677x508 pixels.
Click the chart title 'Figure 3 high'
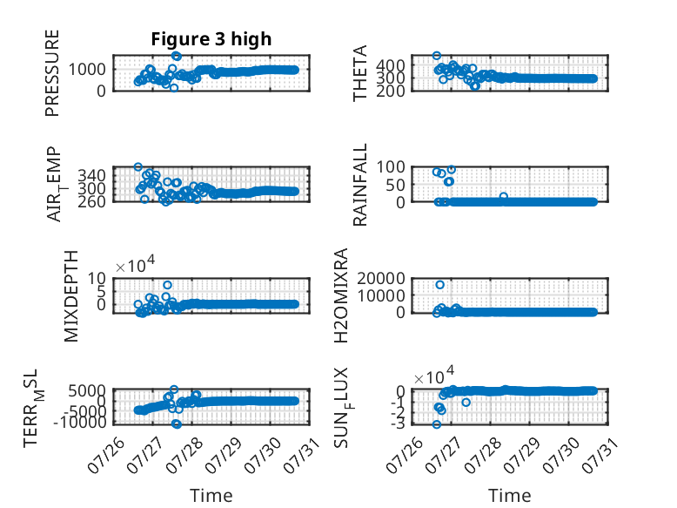pyautogui.click(x=211, y=39)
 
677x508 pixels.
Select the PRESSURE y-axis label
pyautogui.click(x=52, y=73)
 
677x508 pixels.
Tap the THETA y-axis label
pyautogui.click(x=359, y=73)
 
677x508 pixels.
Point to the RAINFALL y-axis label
pyautogui.click(x=359, y=185)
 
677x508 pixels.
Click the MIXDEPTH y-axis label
pyautogui.click(x=71, y=296)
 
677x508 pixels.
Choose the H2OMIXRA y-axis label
pyautogui.click(x=340, y=295)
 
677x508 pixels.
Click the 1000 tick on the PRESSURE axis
pyautogui.click(x=87, y=69)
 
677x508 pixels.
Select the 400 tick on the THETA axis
pyautogui.click(x=390, y=66)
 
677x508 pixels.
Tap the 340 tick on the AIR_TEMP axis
pyautogui.click(x=91, y=175)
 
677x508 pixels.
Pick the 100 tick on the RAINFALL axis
pyautogui.click(x=391, y=167)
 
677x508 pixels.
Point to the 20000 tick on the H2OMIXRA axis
pyautogui.click(x=381, y=278)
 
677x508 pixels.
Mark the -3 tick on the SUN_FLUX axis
pyautogui.click(x=398, y=423)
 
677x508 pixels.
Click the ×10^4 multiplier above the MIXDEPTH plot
pyautogui.click(x=135, y=265)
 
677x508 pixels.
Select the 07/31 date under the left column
pyautogui.click(x=302, y=454)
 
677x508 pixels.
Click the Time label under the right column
pyautogui.click(x=510, y=496)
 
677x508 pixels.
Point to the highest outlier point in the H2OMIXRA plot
pyautogui.click(x=440, y=284)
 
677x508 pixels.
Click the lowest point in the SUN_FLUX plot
pyautogui.click(x=437, y=424)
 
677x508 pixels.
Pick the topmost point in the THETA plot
pyautogui.click(x=437, y=56)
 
